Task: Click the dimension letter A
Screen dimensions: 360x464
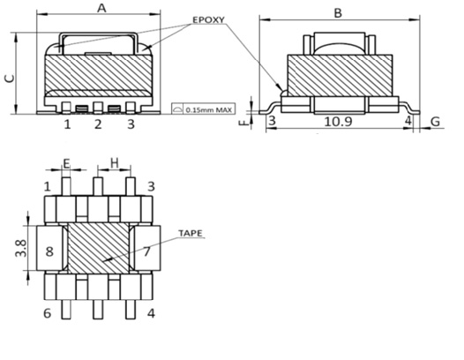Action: click(x=101, y=9)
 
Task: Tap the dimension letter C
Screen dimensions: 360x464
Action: click(x=9, y=77)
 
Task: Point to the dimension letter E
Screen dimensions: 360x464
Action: click(x=66, y=164)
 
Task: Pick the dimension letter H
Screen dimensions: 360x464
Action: click(x=114, y=164)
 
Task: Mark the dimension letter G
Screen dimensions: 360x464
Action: click(x=437, y=121)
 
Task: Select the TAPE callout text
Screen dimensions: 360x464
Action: click(x=190, y=234)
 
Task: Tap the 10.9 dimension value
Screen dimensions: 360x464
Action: click(x=338, y=121)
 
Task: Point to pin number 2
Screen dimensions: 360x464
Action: click(x=98, y=124)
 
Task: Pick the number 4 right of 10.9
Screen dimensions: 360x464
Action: click(x=408, y=121)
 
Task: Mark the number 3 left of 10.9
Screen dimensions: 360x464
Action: click(x=272, y=121)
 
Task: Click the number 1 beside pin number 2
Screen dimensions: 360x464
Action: click(x=66, y=124)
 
